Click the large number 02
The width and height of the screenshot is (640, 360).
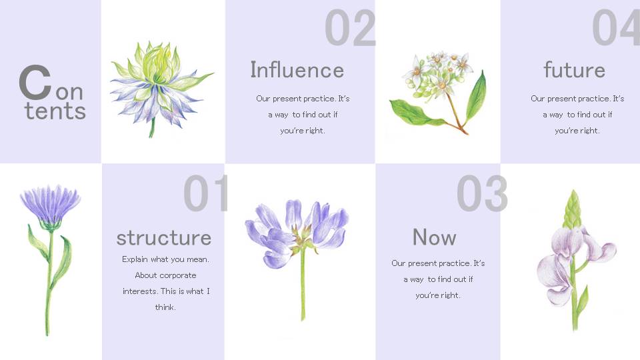350,28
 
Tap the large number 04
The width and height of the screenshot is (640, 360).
616,28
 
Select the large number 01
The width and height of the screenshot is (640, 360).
206,193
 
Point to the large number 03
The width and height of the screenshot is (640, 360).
482,193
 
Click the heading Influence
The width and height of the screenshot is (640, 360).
297,70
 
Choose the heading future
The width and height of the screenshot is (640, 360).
574,70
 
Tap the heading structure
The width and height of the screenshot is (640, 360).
164,238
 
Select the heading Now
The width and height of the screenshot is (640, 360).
434,237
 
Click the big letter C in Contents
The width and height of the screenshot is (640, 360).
35,83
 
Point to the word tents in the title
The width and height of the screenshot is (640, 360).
55,111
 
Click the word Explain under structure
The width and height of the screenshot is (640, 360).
135,259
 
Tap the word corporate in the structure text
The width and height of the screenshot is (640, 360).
177,276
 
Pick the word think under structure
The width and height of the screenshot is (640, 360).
165,307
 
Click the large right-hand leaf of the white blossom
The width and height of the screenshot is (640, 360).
476,97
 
